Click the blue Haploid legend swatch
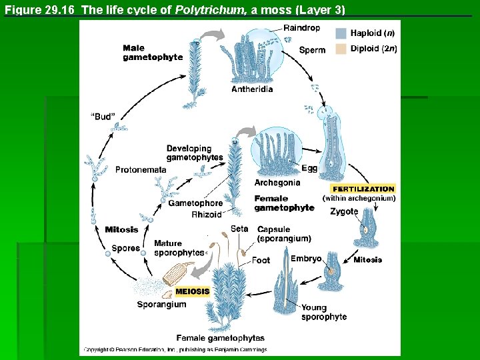340,33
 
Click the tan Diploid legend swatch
340,49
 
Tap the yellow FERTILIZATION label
363,189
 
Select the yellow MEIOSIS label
193,291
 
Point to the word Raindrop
301,28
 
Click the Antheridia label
252,89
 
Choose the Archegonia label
277,183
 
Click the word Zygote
344,212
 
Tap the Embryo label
306,259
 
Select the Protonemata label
141,170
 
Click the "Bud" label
103,117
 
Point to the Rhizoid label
206,215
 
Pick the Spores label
126,248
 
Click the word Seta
239,229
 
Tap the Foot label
261,260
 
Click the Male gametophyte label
153,53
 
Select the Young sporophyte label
324,312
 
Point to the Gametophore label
195,203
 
